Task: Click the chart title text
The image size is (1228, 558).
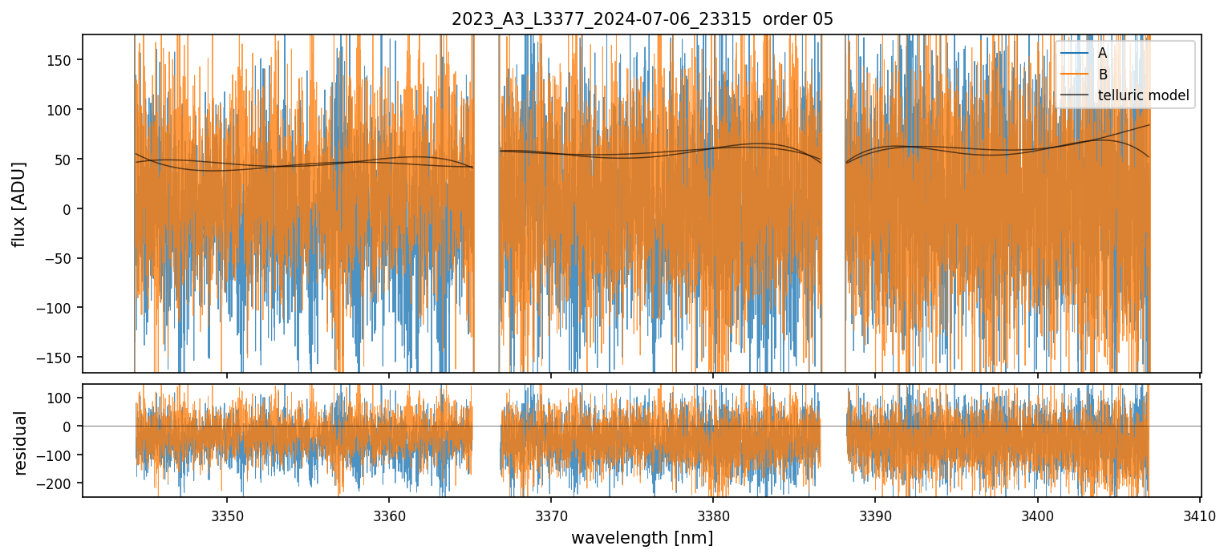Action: point(642,19)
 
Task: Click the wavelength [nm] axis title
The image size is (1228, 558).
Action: point(642,537)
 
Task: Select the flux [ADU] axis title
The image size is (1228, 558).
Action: point(18,204)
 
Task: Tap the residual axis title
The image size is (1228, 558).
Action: point(20,443)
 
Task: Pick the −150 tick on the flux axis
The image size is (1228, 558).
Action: point(57,358)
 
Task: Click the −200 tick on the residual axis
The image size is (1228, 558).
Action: point(57,483)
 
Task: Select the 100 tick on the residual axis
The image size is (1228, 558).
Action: point(61,398)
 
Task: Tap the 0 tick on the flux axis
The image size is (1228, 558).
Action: point(67,209)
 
